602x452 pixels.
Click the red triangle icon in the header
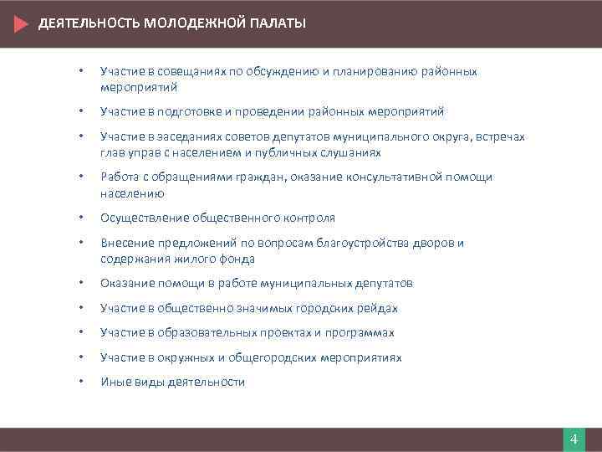point(22,23)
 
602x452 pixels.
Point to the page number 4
point(574,440)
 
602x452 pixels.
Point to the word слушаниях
point(353,152)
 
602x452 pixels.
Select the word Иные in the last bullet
point(114,382)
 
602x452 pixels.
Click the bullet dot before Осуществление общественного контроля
point(80,218)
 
